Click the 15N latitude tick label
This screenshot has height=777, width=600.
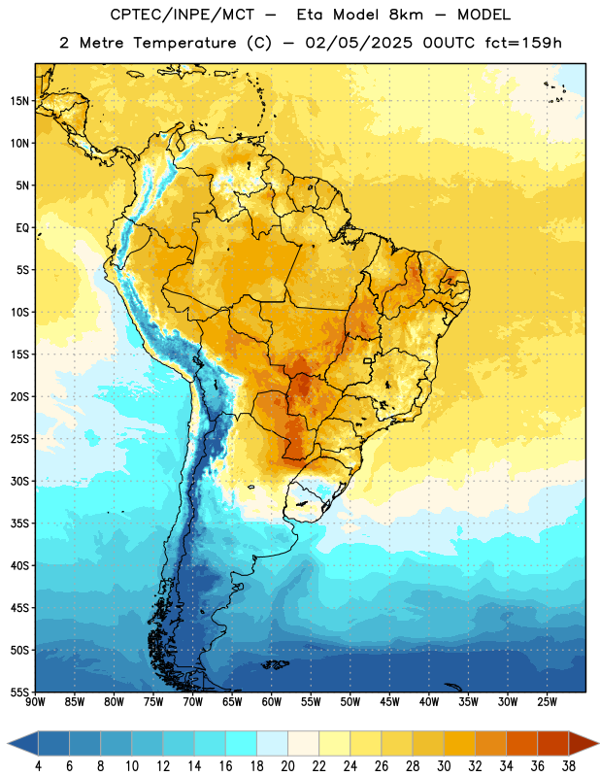click(19, 101)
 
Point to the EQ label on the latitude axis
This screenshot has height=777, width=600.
click(22, 228)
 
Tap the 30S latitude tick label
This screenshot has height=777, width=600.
click(19, 482)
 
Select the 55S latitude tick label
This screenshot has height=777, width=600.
click(19, 693)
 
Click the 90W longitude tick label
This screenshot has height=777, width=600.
click(35, 702)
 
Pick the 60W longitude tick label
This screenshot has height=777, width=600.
click(272, 702)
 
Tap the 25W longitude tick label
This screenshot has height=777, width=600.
click(547, 702)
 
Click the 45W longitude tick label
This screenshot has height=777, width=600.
click(389, 702)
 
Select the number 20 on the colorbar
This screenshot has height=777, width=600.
click(287, 766)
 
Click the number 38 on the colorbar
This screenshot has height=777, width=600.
click(569, 766)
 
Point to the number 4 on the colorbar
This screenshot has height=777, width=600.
click(38, 766)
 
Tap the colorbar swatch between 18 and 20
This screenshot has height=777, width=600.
click(272, 743)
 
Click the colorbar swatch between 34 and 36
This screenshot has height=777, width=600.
click(521, 743)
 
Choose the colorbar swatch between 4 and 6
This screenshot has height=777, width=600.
click(53, 743)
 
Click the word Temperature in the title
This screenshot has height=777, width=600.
click(184, 43)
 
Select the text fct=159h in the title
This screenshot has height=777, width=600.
click(523, 43)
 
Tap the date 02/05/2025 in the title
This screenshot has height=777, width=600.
click(358, 43)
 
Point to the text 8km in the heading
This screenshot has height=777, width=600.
click(406, 15)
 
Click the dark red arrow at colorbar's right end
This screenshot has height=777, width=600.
click(583, 743)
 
